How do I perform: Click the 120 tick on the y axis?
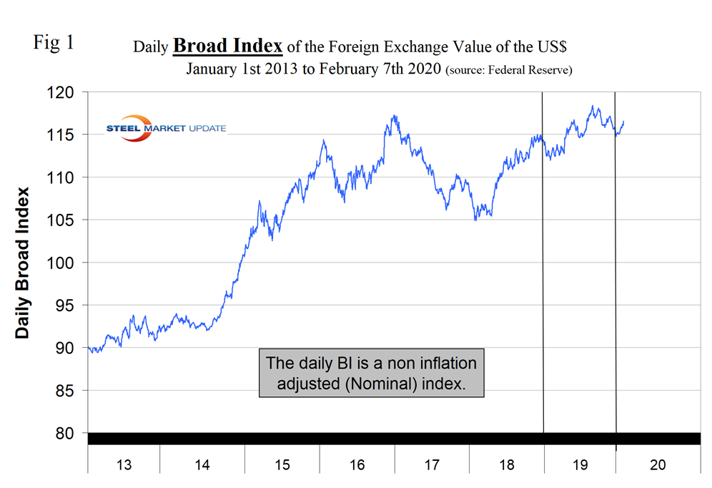point(62,92)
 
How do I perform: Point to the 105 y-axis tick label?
point(62,220)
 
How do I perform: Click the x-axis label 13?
point(124,465)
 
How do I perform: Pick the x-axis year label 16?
point(357,465)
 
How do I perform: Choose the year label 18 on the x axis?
point(506,465)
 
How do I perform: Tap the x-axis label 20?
point(658,465)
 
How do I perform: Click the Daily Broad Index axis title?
point(24,263)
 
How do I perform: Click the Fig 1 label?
point(54,42)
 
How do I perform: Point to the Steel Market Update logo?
point(166,128)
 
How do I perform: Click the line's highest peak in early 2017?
point(394,115)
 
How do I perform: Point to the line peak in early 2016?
point(324,140)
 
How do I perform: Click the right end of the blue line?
point(624,121)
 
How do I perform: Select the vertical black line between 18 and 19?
point(543,272)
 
